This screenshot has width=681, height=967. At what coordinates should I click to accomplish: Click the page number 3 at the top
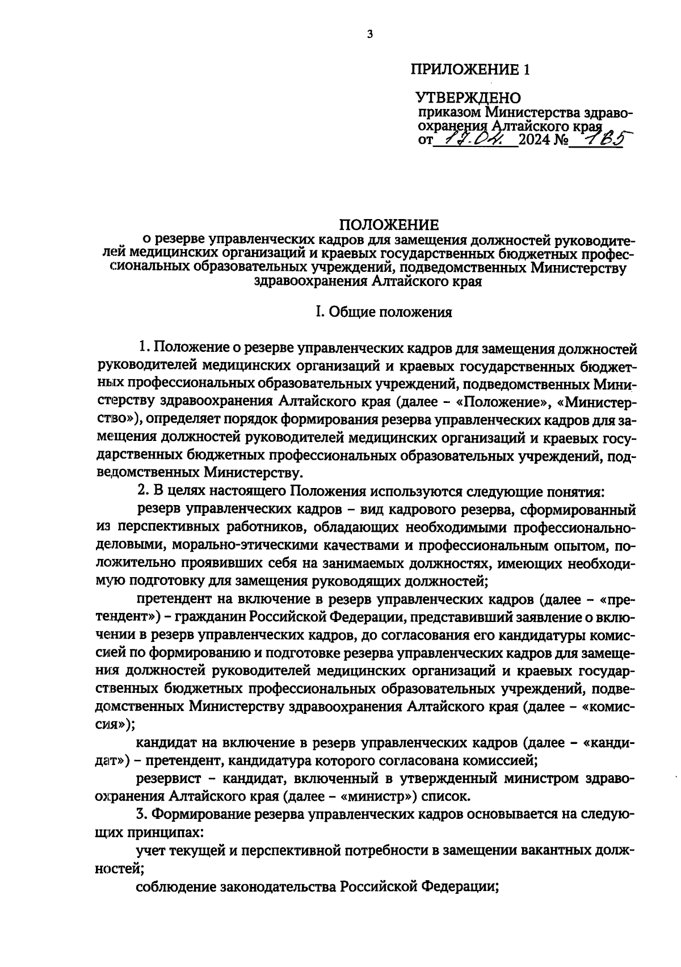tap(369, 34)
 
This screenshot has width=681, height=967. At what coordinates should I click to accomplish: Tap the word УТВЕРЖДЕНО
tap(469, 99)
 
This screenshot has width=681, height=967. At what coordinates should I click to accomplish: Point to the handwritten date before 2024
tap(476, 138)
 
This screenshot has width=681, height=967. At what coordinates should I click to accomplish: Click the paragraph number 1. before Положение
tap(145, 347)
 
